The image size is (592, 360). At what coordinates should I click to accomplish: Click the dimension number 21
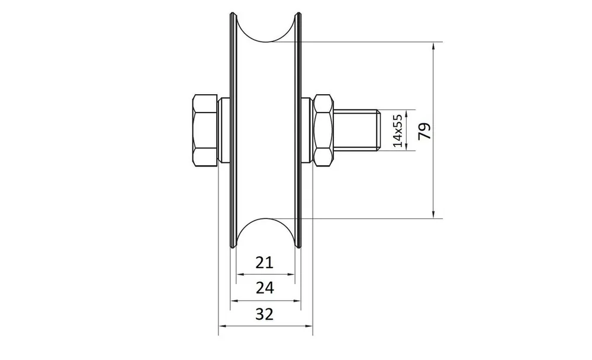click(x=264, y=262)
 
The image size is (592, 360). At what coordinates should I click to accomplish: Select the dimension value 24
click(x=265, y=288)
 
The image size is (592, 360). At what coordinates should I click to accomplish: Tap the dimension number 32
click(x=264, y=314)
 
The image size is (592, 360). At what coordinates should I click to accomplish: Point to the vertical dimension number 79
click(x=424, y=131)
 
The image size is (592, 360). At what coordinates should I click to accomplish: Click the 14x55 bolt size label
click(x=398, y=130)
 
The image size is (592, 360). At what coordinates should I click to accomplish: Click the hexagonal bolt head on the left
click(x=205, y=130)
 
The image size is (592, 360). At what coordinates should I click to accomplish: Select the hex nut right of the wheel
click(x=324, y=130)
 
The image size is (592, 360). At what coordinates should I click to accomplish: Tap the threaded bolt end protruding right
click(x=356, y=130)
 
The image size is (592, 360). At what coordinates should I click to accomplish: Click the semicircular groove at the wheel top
click(x=266, y=41)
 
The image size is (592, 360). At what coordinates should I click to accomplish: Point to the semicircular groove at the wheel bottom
click(x=266, y=218)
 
